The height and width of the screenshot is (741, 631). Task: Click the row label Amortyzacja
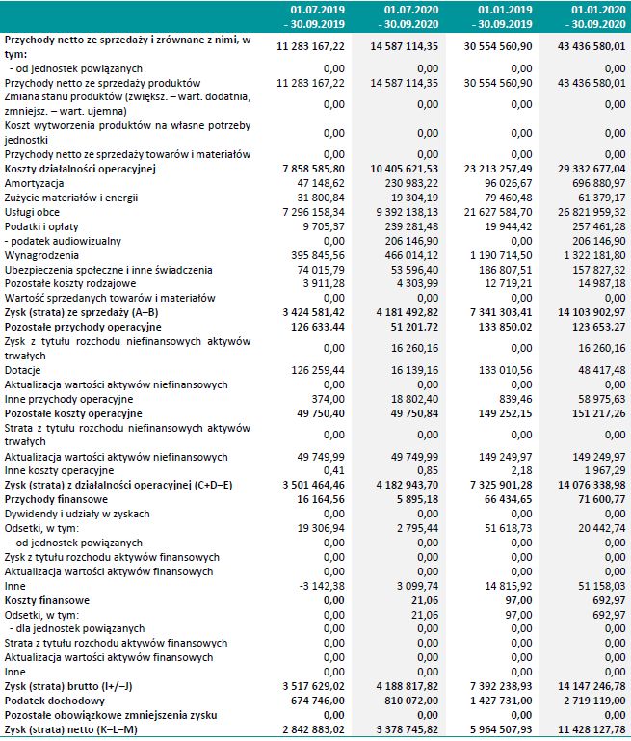[35, 183]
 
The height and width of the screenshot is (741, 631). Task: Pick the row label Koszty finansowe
[47, 600]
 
